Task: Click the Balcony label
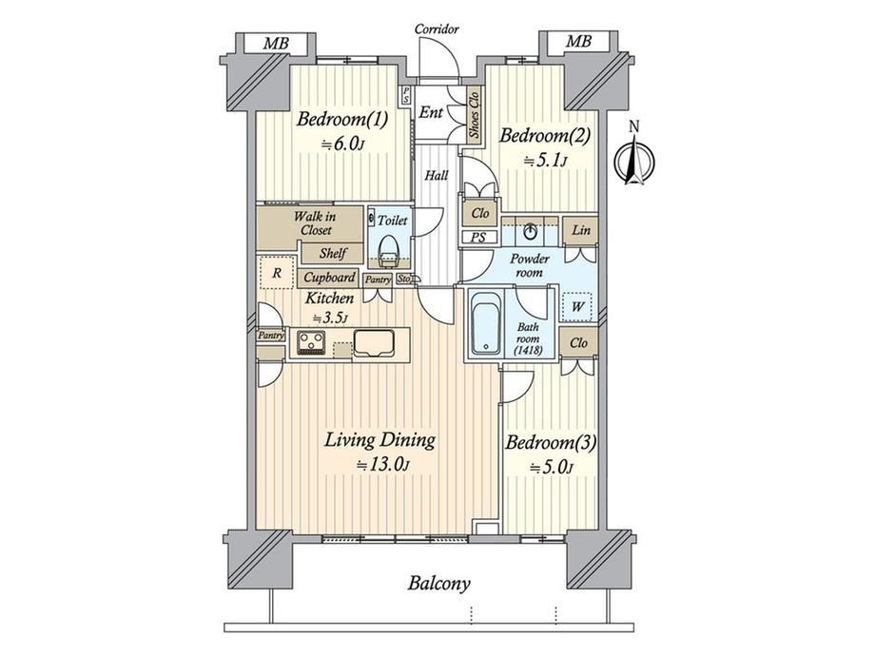pyautogui.click(x=438, y=584)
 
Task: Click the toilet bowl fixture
pyautogui.click(x=388, y=250)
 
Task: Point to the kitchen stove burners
pyautogui.click(x=311, y=340)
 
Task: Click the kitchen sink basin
pyautogui.click(x=374, y=342)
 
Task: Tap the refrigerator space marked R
pyautogui.click(x=276, y=273)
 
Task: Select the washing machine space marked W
pyautogui.click(x=578, y=306)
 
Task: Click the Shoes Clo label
pyautogui.click(x=475, y=115)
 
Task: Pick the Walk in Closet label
pyautogui.click(x=316, y=222)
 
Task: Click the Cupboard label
pyautogui.click(x=329, y=278)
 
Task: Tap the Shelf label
pyautogui.click(x=333, y=253)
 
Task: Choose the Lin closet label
pyautogui.click(x=581, y=229)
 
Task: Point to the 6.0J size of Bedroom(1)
pyautogui.click(x=342, y=144)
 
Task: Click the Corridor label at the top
pyautogui.click(x=437, y=29)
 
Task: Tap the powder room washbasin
pyautogui.click(x=530, y=230)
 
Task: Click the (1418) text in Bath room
pyautogui.click(x=528, y=350)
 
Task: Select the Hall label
pyautogui.click(x=437, y=176)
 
